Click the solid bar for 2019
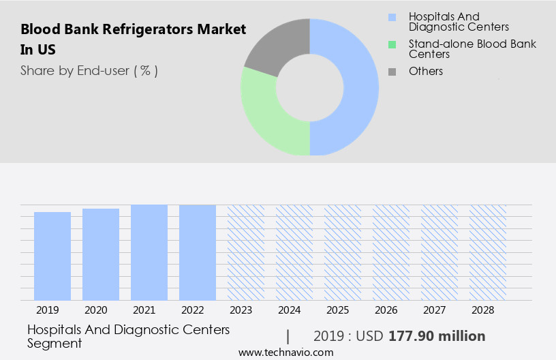click(x=52, y=256)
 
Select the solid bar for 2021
click(x=149, y=252)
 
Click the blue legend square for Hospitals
click(x=391, y=17)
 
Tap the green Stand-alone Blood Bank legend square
click(x=391, y=44)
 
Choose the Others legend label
click(x=426, y=71)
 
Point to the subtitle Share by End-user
click(x=89, y=70)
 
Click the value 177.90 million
click(x=437, y=336)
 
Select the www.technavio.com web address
click(x=285, y=352)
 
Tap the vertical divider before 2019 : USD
click(x=288, y=336)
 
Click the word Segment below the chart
click(x=55, y=343)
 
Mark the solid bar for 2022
click(x=198, y=252)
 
